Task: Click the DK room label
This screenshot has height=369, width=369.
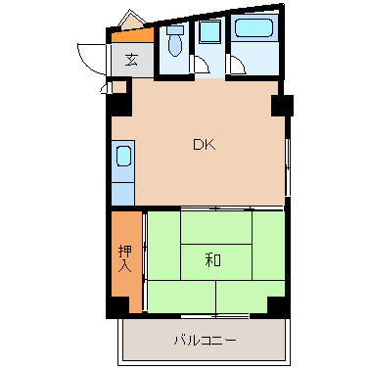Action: [x=203, y=146]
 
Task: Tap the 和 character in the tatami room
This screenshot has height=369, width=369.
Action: [x=213, y=260]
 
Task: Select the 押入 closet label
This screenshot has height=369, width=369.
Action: [x=124, y=258]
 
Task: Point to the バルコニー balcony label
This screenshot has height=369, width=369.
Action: [x=205, y=341]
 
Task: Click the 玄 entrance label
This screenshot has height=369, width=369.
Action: [x=131, y=58]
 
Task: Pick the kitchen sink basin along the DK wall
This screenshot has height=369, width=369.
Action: [x=123, y=157]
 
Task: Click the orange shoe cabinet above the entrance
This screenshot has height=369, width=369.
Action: [x=131, y=36]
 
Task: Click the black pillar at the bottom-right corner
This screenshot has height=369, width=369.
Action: [x=279, y=305]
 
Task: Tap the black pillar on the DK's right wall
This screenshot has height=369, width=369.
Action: [x=284, y=104]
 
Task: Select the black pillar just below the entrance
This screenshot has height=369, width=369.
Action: [x=118, y=86]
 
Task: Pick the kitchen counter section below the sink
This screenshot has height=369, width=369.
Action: [x=123, y=188]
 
